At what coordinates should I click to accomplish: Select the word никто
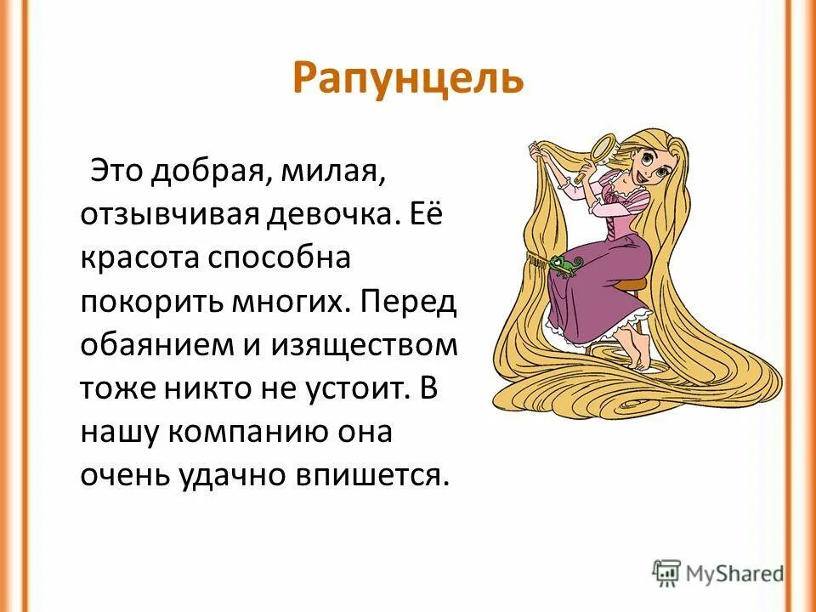coord(227,390)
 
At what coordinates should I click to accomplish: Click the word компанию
coord(241,434)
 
